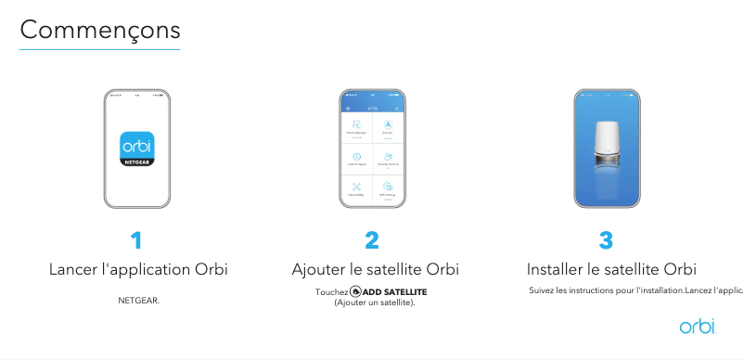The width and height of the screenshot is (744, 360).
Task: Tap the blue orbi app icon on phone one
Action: [x=137, y=148]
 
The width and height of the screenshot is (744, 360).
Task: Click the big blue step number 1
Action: [x=137, y=241]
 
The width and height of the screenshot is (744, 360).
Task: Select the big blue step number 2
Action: [x=372, y=241]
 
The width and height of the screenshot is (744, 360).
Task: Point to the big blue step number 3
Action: [x=606, y=241]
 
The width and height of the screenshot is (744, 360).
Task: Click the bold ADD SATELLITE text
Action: [x=395, y=292]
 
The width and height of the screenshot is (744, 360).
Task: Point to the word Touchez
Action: [x=331, y=292]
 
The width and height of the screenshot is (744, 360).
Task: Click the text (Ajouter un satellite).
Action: [x=375, y=302]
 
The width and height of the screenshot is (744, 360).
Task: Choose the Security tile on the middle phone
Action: [x=388, y=128]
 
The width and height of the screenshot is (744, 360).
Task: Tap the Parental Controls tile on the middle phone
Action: [x=388, y=159]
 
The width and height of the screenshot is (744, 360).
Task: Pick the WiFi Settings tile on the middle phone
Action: [x=388, y=189]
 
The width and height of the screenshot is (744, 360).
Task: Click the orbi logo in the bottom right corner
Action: [x=698, y=326]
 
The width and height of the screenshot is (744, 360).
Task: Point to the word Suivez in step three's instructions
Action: [x=541, y=291]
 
